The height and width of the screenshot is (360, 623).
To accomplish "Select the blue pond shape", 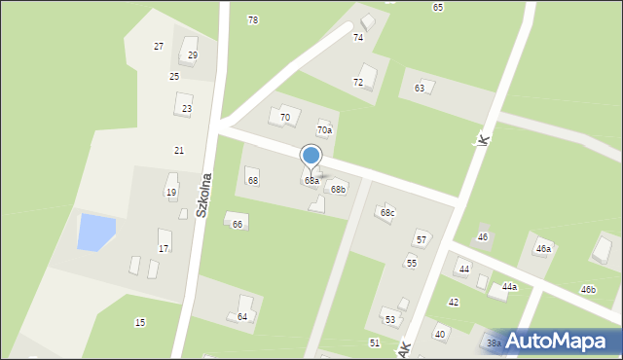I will (95, 232).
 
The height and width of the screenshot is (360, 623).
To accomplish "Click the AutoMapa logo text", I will (566, 342).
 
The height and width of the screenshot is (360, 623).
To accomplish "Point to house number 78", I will (253, 20).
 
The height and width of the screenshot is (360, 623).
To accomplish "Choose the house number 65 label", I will (438, 8).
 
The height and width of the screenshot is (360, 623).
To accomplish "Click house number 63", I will (420, 89).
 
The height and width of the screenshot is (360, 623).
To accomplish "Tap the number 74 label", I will (358, 37).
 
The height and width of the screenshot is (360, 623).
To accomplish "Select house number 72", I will (358, 83).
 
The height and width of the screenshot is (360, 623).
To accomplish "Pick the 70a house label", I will (324, 130).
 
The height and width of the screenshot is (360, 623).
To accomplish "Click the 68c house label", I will (387, 212).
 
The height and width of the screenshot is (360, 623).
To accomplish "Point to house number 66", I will (238, 225).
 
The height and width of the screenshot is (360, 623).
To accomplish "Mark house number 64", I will (242, 317).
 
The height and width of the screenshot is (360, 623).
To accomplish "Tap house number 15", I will (140, 323).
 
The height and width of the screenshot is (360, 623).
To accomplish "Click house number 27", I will (159, 47).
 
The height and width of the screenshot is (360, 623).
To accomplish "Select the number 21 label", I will (179, 150).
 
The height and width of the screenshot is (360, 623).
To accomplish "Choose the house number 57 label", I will (421, 239).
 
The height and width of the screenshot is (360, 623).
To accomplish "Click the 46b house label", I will (588, 290).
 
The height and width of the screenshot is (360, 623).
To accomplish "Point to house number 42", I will (454, 303).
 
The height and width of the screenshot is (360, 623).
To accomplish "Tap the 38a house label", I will (494, 343).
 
